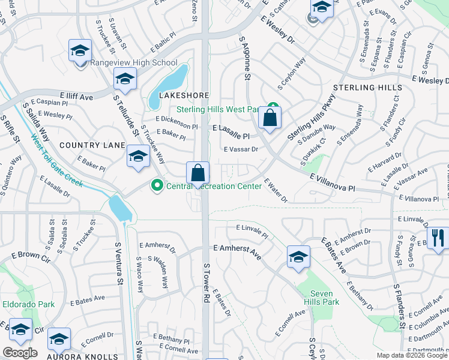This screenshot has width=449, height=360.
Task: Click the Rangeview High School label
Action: (x=134, y=62)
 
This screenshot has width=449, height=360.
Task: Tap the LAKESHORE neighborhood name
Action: (x=184, y=95)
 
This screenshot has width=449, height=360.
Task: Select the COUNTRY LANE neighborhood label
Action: (x=92, y=145)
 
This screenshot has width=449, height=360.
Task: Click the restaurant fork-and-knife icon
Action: (x=439, y=238)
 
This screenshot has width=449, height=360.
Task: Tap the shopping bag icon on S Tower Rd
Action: (x=197, y=173)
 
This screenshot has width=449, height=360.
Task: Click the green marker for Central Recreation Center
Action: (x=157, y=186)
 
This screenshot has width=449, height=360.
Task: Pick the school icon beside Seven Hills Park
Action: (x=298, y=257)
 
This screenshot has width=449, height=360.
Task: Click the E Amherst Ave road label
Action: (x=237, y=248)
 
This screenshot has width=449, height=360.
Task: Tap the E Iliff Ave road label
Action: (x=76, y=95)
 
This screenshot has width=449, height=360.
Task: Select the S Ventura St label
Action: (x=119, y=264)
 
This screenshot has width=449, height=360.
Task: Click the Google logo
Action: (x=20, y=353)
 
